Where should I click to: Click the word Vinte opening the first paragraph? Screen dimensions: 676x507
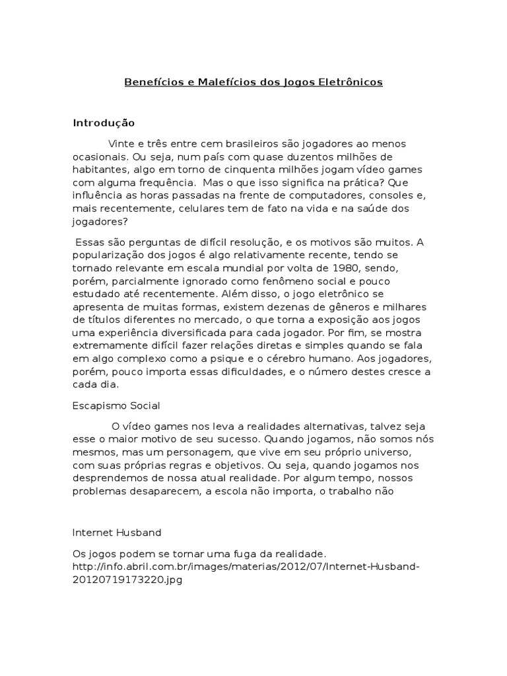(121, 144)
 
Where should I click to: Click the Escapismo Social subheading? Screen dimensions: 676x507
(116, 405)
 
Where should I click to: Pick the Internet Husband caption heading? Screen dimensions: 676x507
(117, 531)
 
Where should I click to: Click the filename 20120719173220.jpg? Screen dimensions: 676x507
(127, 580)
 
